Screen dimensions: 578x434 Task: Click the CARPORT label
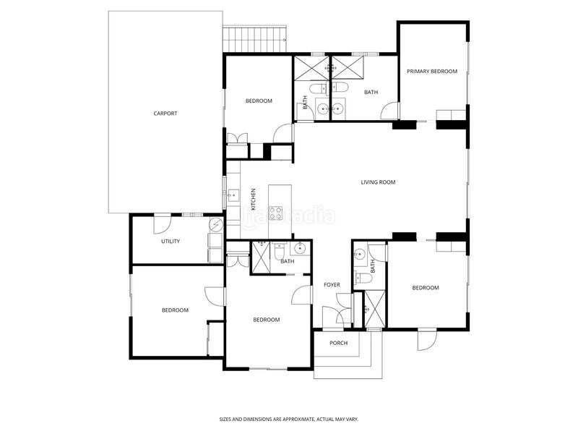pyautogui.click(x=165, y=114)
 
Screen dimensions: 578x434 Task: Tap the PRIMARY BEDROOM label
pyautogui.click(x=432, y=71)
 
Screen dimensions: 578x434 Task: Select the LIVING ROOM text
pyautogui.click(x=378, y=182)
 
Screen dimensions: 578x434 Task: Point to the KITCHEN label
pyautogui.click(x=254, y=200)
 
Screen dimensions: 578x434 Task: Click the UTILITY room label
pyautogui.click(x=171, y=242)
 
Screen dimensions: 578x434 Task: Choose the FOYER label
pyautogui.click(x=332, y=285)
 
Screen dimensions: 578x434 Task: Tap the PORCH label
pyautogui.click(x=338, y=343)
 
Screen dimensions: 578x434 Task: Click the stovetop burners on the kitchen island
pyautogui.click(x=276, y=213)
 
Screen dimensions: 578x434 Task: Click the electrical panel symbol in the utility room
pyautogui.click(x=216, y=224)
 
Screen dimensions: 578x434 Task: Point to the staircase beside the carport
pyautogui.click(x=255, y=39)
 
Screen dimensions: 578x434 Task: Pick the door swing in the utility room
pyautogui.click(x=162, y=224)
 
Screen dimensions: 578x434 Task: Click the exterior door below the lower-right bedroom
pyautogui.click(x=427, y=339)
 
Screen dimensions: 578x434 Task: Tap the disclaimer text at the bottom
pyautogui.click(x=289, y=420)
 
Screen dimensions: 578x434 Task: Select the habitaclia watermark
pyautogui.click(x=288, y=216)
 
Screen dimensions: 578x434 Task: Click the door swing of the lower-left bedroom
pyautogui.click(x=215, y=297)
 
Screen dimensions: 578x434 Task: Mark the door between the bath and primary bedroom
pyautogui.click(x=390, y=111)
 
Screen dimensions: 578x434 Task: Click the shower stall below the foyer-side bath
pyautogui.click(x=374, y=309)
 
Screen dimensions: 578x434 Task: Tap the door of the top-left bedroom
pyautogui.click(x=283, y=133)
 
